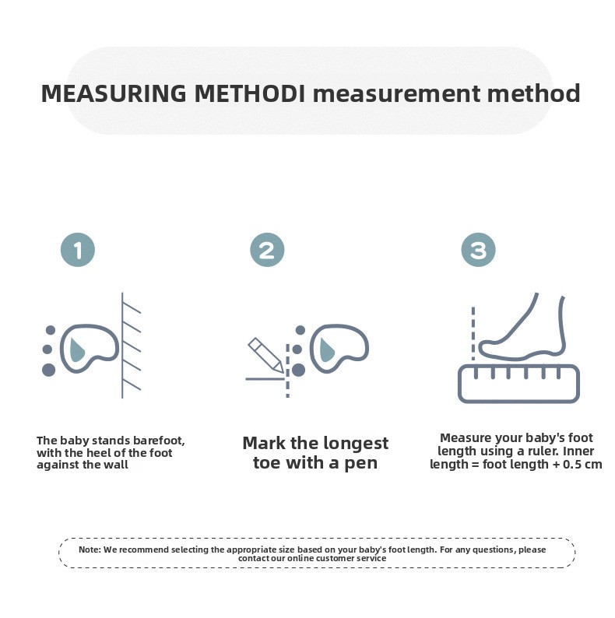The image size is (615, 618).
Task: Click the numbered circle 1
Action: (78, 250)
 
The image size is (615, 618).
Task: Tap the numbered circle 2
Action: (267, 250)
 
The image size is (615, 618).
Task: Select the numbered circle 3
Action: (479, 250)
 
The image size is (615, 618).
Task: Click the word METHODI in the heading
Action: (250, 94)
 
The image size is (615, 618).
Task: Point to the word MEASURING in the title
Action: (114, 94)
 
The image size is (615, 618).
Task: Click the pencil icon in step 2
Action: (265, 355)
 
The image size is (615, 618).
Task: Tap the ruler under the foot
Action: (518, 384)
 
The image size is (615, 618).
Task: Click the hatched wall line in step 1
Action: (122, 346)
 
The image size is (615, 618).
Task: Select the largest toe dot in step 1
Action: (48, 370)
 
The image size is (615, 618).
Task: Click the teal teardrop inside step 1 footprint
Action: (76, 349)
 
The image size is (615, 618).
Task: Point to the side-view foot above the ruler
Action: (522, 326)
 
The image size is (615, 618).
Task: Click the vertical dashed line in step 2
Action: (288, 370)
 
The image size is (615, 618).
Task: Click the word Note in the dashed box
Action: (90, 550)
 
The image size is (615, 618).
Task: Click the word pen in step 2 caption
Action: (361, 464)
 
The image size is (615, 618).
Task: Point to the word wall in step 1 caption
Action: (116, 465)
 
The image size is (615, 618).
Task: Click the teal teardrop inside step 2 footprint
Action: (327, 349)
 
